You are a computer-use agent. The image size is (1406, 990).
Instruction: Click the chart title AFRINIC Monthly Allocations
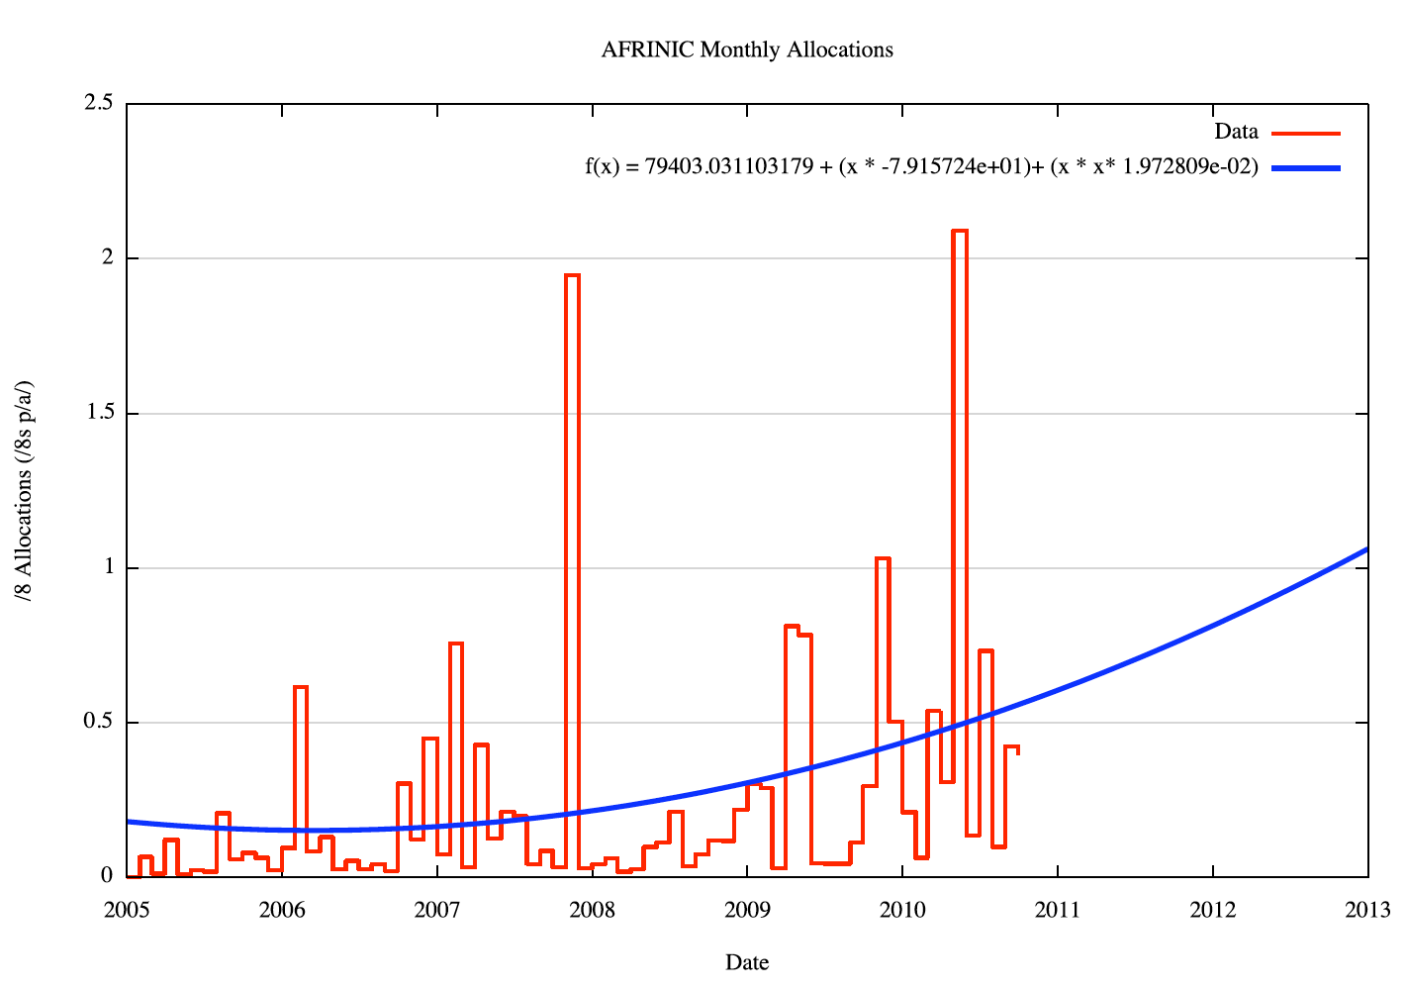747,49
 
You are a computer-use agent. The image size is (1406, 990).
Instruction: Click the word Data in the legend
1236,132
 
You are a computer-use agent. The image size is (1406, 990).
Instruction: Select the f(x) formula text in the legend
921,167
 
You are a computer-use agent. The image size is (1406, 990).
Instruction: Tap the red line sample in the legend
1305,132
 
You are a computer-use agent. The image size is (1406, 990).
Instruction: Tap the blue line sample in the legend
1305,168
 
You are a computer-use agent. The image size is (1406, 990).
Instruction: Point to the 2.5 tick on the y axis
99,103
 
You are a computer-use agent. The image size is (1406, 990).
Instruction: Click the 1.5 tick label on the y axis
99,413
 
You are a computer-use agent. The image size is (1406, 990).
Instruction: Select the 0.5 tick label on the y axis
99,723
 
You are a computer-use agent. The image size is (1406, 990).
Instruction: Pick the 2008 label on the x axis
592,910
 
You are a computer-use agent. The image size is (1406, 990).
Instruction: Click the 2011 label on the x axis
1058,910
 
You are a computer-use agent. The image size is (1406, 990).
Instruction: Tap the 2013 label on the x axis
1367,910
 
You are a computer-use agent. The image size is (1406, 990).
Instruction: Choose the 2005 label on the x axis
127,910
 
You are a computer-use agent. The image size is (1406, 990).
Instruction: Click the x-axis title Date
747,962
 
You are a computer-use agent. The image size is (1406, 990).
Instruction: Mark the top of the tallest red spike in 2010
960,231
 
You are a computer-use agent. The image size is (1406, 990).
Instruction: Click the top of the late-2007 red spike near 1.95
572,275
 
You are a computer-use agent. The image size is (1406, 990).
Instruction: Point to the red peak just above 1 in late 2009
883,559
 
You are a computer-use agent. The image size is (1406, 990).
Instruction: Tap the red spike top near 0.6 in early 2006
301,687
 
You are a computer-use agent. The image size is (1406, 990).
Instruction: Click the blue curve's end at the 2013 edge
1366,549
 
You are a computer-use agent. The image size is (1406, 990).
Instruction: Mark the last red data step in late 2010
1011,747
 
